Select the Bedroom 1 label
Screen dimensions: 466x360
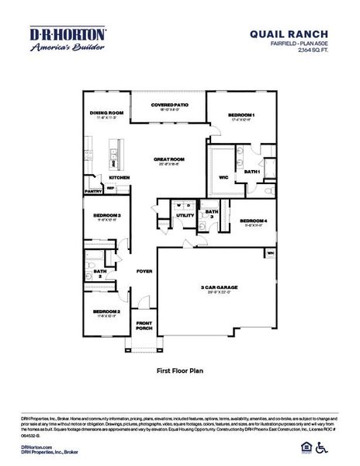tap(241, 116)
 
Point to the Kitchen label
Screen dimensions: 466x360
tap(118, 177)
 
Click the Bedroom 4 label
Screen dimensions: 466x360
tap(252, 221)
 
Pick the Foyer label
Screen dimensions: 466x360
tap(144, 272)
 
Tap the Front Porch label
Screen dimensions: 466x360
tap(144, 325)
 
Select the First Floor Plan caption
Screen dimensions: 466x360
tap(179, 371)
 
